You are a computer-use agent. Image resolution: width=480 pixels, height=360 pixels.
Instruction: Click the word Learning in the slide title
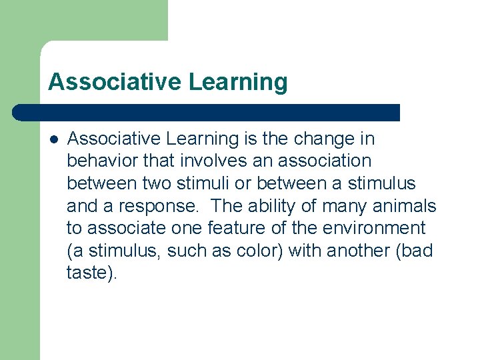tap(238, 83)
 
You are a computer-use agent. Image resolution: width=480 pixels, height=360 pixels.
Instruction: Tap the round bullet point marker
tap(53, 139)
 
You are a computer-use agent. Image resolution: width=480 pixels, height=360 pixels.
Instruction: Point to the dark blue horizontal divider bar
tap(207, 113)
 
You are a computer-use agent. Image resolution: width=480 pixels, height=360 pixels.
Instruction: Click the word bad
tap(417, 251)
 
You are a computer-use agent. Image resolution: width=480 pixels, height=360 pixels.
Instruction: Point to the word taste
tap(87, 273)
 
